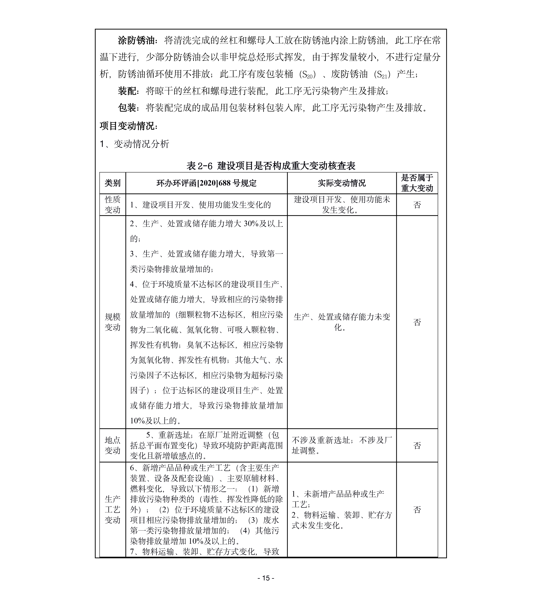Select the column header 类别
113,183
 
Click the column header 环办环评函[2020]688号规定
206,183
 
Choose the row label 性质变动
113,205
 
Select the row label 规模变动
113,322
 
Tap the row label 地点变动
113,445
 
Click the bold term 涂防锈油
137,41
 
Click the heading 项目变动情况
128,126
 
